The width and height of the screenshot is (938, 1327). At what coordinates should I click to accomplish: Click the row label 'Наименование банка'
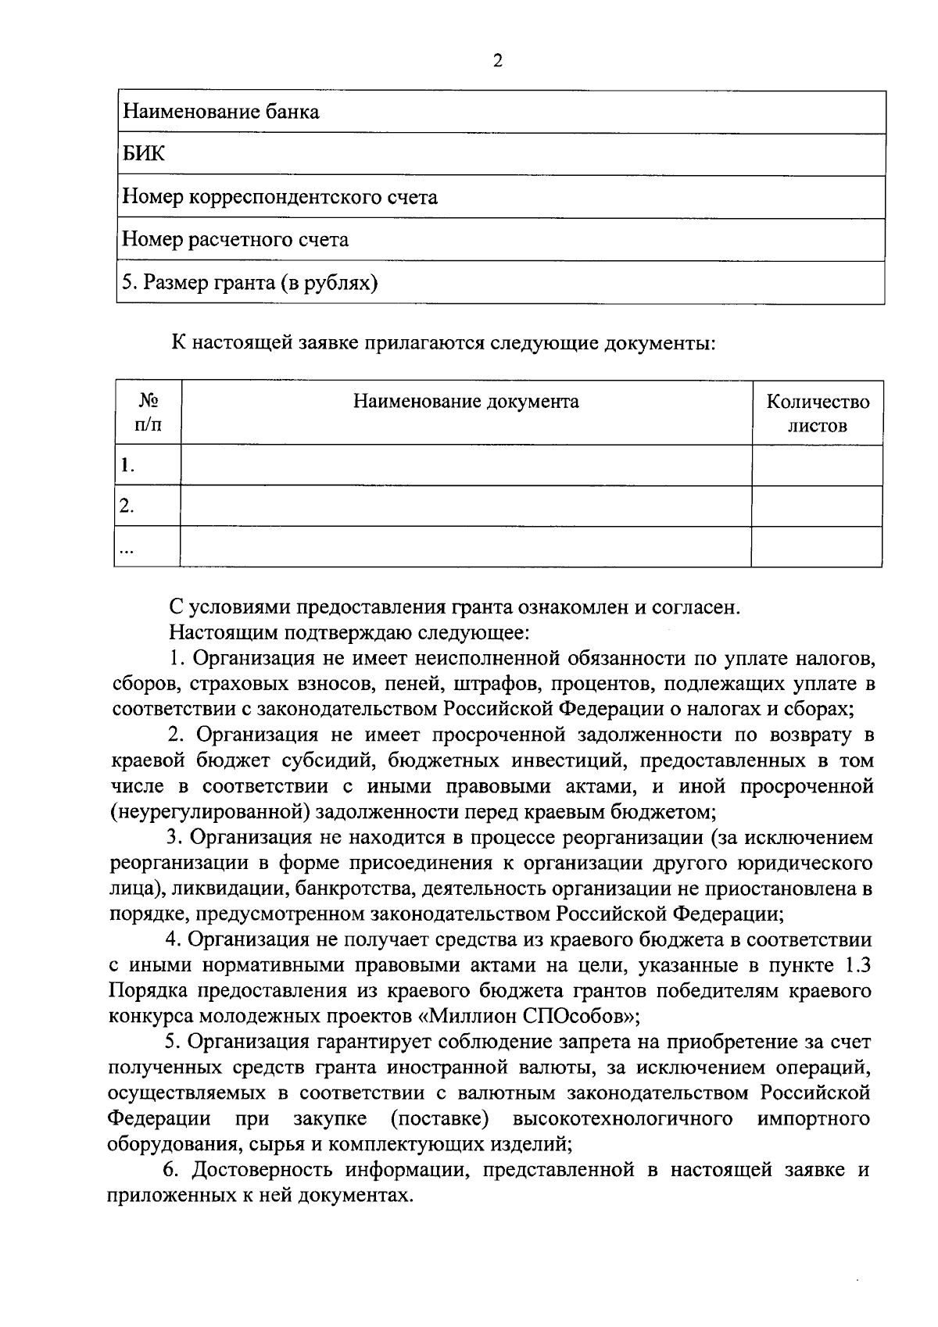pyautogui.click(x=221, y=112)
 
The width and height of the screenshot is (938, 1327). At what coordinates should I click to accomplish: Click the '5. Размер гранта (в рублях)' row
pyautogui.click(x=249, y=282)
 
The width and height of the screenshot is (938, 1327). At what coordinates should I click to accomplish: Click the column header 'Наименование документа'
pyautogui.click(x=466, y=402)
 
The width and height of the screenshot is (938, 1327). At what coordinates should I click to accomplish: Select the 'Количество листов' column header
pyautogui.click(x=817, y=413)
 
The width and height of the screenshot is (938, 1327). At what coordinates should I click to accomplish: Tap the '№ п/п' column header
pyautogui.click(x=148, y=413)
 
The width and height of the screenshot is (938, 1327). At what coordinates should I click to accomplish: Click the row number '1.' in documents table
pyautogui.click(x=127, y=467)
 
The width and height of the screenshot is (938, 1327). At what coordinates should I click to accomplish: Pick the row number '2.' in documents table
pyautogui.click(x=127, y=506)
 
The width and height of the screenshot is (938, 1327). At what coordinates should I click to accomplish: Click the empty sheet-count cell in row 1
pyautogui.click(x=817, y=466)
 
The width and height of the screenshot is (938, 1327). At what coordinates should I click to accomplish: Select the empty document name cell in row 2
pyautogui.click(x=466, y=506)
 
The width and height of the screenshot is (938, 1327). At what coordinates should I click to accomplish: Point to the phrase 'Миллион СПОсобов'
pyautogui.click(x=530, y=1017)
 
